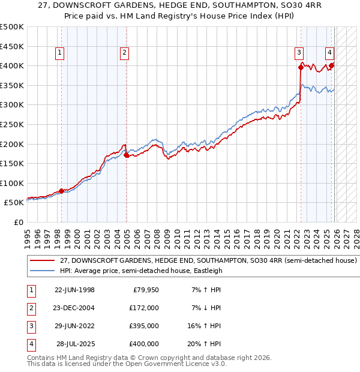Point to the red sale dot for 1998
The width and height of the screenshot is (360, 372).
point(61,191)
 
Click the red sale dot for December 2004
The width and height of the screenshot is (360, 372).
point(127,155)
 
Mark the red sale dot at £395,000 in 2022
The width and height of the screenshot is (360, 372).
point(301,67)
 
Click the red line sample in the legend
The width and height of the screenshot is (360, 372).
point(41,261)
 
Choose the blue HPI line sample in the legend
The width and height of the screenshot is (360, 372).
point(41,271)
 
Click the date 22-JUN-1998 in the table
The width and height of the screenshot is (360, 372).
point(74,290)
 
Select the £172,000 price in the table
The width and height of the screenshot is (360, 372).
point(145,308)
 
